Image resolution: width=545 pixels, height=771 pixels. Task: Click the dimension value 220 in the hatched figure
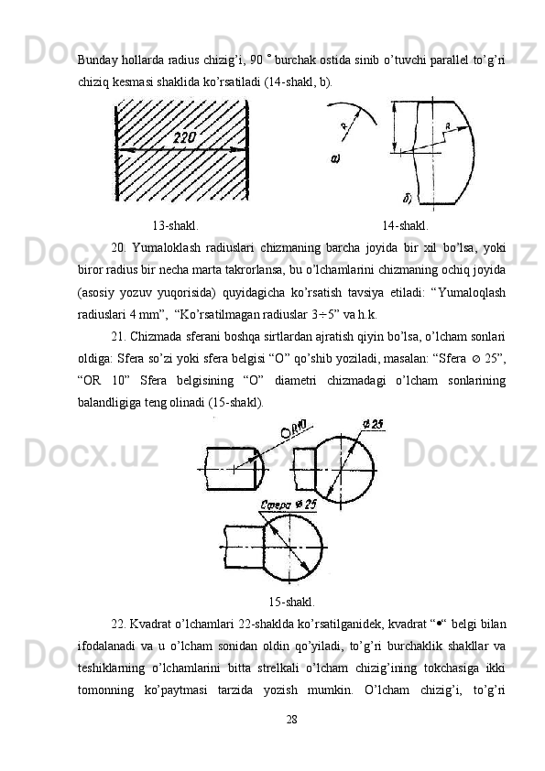pos(184,137)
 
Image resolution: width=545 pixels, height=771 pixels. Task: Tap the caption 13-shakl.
pos(176,225)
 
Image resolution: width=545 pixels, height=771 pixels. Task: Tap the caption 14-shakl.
pos(405,225)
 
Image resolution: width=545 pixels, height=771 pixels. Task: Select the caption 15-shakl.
pos(291,602)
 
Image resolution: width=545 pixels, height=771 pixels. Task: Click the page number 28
pos(291,720)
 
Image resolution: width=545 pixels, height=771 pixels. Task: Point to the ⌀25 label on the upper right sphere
pos(374,424)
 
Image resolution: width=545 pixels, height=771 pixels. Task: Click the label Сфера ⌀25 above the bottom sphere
pos(289,505)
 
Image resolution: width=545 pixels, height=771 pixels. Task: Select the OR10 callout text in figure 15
pos(294,429)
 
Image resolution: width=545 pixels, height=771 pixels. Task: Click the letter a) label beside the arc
pos(335,158)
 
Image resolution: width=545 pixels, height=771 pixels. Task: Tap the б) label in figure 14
pos(408,199)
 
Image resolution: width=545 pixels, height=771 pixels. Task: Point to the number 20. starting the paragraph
pos(118,248)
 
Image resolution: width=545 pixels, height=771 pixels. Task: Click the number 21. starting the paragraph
pos(118,337)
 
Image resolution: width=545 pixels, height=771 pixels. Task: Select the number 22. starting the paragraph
pos(118,624)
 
